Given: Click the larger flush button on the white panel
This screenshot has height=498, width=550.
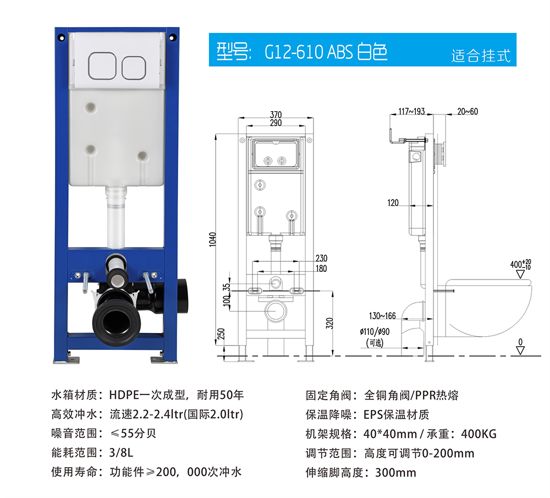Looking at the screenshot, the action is [102, 65].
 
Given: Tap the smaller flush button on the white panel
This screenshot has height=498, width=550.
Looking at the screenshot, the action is [134, 68].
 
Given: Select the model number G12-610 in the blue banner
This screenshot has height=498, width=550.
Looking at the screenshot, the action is [294, 52].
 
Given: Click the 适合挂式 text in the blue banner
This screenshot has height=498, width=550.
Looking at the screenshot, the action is [481, 56].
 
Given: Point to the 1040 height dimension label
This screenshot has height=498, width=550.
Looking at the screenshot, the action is [212, 239].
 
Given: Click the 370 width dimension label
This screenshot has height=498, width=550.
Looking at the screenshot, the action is [276, 115].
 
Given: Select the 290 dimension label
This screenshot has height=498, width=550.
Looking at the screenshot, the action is [276, 123].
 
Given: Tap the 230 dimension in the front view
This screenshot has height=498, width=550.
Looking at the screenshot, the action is [321, 258].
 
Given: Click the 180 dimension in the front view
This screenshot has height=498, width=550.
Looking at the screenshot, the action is [321, 269].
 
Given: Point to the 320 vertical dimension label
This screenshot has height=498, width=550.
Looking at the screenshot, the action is [329, 323].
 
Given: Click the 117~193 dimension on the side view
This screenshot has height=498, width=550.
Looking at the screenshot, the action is [411, 111].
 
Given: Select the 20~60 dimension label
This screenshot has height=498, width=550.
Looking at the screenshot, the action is [468, 111].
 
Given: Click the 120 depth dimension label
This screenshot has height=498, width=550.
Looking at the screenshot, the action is [393, 203].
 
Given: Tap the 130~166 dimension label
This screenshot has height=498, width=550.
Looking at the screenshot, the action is [382, 316].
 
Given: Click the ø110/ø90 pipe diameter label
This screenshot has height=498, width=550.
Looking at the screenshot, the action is [375, 331].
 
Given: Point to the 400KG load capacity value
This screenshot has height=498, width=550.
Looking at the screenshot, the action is [479, 434].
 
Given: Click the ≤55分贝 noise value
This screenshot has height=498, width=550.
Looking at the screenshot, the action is [133, 434].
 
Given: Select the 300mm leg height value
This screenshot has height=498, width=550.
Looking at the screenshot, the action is [395, 473].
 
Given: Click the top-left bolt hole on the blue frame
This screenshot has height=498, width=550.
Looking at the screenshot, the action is [62, 37].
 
